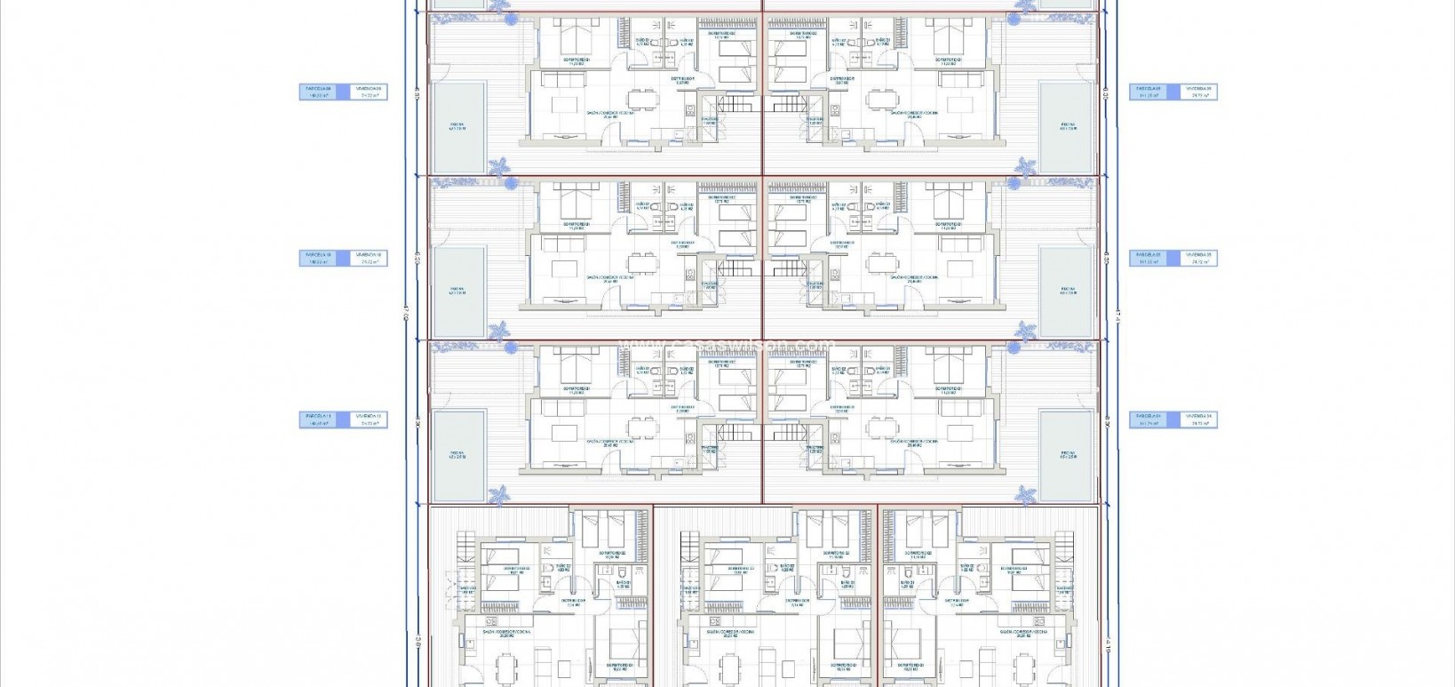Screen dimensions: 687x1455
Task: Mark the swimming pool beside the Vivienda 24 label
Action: point(1067,454)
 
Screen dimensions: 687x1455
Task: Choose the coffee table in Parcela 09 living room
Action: point(565,105)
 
